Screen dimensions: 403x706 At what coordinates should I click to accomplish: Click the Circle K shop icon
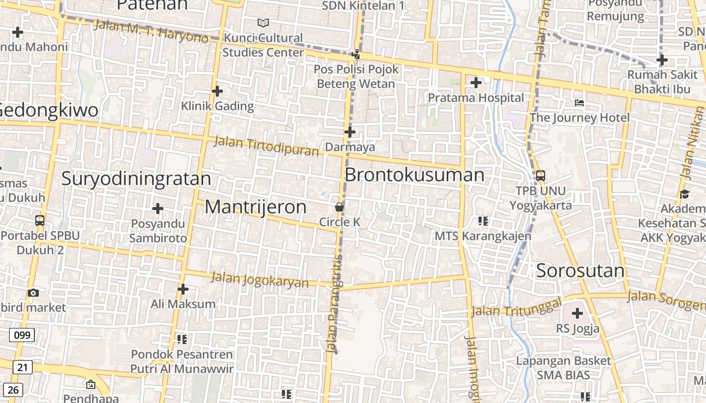pos(339,207)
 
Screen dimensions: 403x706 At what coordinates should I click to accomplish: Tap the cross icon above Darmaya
pos(349,132)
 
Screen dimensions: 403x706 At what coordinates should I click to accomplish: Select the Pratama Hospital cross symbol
pos(476,83)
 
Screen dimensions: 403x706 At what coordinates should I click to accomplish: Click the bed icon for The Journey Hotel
pos(579,103)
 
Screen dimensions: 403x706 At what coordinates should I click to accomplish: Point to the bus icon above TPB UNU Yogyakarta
pos(540,176)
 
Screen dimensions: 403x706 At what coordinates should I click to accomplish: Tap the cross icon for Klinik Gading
pos(217,91)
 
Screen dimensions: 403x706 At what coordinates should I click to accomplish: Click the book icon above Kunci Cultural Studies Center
pos(263,23)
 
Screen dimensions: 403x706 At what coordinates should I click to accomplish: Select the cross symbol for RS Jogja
pos(577,314)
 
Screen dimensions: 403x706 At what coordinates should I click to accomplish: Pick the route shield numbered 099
pos(22,335)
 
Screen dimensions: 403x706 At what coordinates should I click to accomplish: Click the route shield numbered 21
pos(22,367)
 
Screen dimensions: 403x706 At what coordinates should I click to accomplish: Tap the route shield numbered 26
pos(13,389)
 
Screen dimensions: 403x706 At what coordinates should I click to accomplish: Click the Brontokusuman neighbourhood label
pos(414,175)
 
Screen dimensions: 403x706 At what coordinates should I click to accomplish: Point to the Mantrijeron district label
pos(255,207)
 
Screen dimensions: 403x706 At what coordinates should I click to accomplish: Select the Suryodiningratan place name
pos(136,179)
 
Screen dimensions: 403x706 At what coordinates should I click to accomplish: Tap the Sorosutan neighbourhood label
pos(580,271)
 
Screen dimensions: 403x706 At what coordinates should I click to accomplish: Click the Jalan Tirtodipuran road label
pos(266,146)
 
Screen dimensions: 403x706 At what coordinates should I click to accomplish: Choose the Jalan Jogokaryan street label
pos(259,279)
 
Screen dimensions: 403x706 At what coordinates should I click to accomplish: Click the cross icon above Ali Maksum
pos(183,289)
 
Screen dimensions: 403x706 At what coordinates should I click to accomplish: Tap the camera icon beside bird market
pos(33,293)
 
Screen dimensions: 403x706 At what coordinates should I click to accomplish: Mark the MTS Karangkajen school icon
pos(483,221)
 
